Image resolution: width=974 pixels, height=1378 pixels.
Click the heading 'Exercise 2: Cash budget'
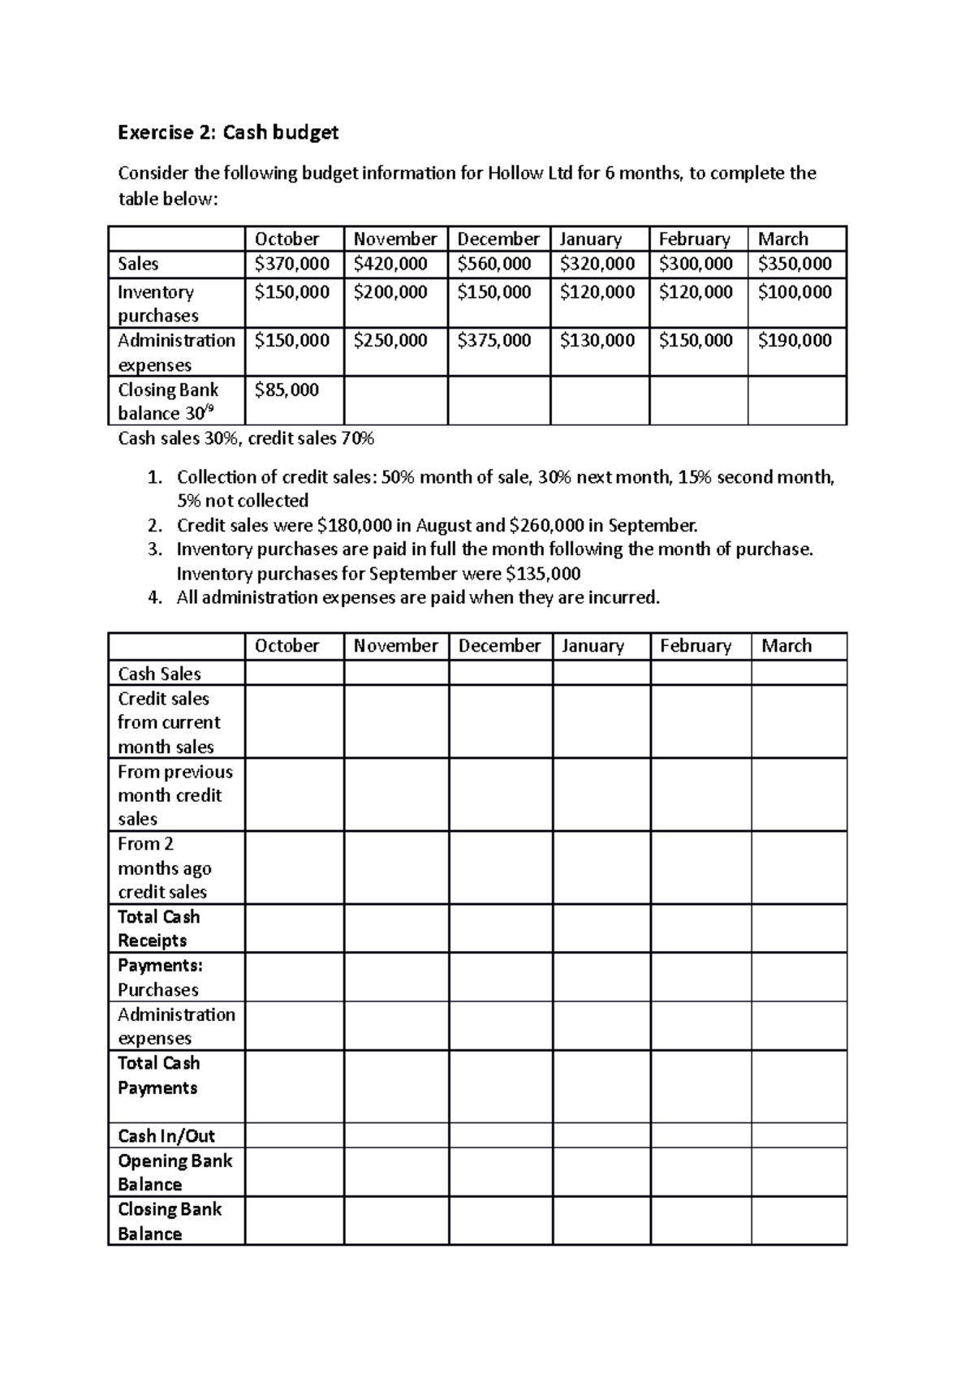tap(228, 132)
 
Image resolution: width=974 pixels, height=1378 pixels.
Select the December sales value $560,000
tap(494, 264)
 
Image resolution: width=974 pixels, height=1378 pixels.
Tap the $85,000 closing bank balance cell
tap(287, 390)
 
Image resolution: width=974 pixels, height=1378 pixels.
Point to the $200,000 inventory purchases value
tap(390, 292)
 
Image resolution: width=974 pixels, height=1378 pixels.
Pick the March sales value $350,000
tap(795, 264)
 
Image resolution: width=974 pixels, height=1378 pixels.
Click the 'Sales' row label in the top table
tap(138, 264)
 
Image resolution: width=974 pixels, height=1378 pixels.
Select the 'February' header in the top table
tap(694, 239)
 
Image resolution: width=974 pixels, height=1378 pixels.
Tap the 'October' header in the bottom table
tap(287, 646)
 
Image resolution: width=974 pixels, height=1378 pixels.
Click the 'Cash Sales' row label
tap(159, 674)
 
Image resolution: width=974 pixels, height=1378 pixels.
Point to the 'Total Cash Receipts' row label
tap(158, 928)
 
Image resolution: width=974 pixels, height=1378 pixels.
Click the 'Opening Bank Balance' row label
tap(175, 1172)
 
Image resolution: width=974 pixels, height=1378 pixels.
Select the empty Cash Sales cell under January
tap(601, 673)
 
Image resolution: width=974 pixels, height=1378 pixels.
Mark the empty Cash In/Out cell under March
tap(799, 1135)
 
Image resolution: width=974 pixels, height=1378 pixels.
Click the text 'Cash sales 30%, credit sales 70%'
tap(246, 439)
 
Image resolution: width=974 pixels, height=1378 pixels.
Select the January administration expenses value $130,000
tap(597, 341)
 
